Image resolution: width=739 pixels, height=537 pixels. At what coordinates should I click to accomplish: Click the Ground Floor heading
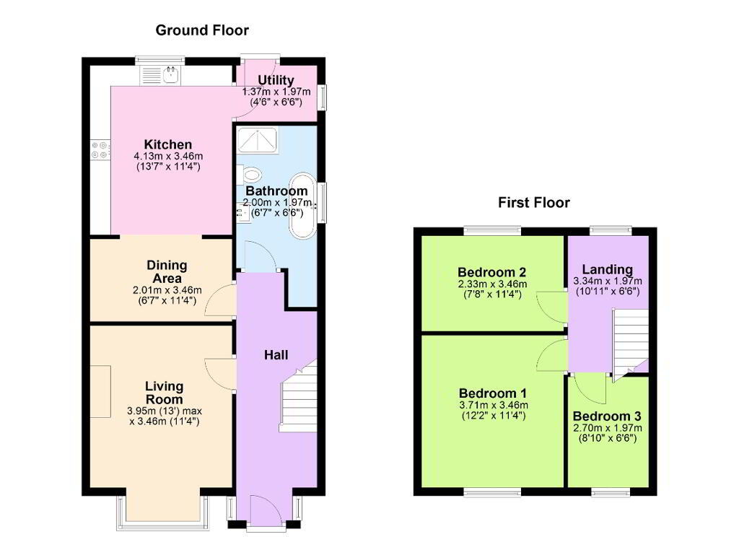202,30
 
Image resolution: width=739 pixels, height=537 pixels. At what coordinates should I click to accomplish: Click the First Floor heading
534,203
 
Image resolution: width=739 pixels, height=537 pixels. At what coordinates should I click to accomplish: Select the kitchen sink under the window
159,76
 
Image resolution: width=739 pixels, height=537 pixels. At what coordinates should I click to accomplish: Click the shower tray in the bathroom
258,139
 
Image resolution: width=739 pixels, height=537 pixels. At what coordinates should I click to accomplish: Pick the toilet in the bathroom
250,175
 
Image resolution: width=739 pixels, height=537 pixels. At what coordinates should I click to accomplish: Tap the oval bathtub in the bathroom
302,206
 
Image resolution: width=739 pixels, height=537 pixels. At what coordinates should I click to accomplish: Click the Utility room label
276,80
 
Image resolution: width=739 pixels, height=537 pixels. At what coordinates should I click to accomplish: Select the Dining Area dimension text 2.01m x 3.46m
167,290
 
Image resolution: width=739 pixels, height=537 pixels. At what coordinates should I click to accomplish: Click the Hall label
276,355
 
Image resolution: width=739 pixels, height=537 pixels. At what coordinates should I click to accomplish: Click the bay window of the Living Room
163,524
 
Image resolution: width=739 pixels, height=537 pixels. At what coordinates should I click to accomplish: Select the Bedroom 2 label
492,273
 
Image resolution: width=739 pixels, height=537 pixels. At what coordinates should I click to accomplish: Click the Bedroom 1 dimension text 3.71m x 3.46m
494,405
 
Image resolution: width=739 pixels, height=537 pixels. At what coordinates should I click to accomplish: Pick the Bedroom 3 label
607,416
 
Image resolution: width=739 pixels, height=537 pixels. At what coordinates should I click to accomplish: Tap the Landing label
608,270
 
